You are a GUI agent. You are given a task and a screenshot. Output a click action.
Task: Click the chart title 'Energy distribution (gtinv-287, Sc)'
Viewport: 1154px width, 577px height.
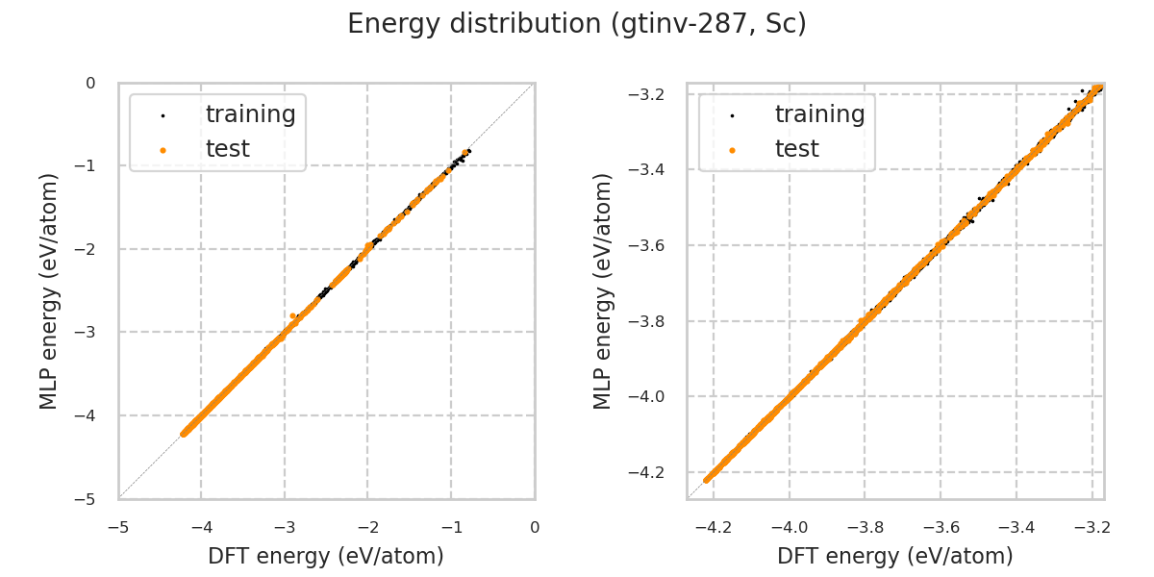click(577, 24)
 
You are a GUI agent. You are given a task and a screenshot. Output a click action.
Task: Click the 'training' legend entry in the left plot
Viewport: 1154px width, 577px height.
click(250, 114)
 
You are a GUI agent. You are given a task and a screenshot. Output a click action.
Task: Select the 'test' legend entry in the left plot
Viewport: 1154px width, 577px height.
click(227, 149)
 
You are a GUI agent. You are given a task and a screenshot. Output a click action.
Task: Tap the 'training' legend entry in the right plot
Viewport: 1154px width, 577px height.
click(819, 114)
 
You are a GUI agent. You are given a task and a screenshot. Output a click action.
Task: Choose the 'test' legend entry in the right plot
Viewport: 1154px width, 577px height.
click(796, 149)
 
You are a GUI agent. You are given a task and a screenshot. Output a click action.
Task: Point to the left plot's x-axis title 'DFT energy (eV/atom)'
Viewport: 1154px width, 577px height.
click(326, 556)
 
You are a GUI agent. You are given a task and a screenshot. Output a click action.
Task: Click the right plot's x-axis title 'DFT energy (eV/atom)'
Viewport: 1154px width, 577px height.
click(895, 556)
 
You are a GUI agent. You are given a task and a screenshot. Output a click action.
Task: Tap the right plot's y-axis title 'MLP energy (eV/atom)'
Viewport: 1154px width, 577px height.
click(603, 290)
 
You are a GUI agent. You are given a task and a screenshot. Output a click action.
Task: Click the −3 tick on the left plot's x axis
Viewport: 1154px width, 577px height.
click(285, 527)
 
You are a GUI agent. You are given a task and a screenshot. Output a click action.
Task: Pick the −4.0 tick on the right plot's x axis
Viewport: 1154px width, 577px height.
click(789, 527)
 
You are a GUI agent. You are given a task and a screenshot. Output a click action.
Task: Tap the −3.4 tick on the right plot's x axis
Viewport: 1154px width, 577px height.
click(1016, 527)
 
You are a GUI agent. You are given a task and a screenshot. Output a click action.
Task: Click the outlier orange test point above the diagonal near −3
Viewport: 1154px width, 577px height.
click(292, 315)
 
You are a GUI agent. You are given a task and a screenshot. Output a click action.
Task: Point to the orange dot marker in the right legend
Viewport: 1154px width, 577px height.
click(732, 150)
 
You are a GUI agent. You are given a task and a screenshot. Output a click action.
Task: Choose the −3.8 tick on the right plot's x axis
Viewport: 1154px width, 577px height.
click(865, 527)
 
